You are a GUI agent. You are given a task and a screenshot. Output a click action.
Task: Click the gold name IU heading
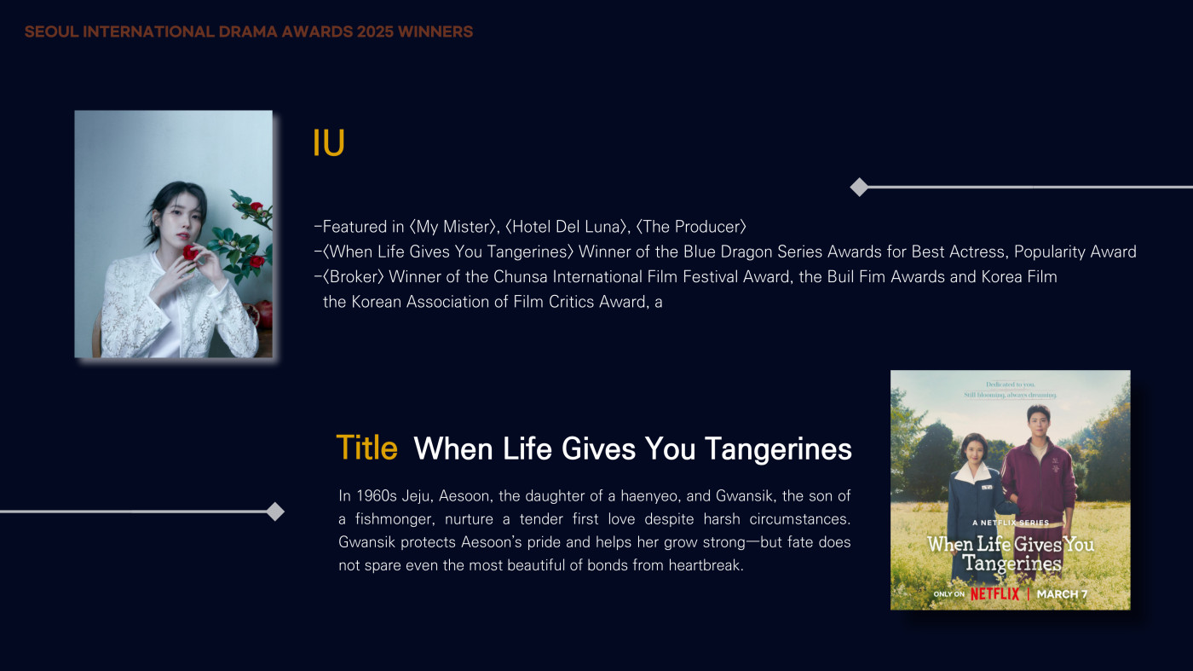pos(329,143)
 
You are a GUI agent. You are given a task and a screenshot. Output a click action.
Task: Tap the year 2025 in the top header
pos(375,32)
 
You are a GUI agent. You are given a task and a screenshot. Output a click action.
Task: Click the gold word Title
pos(367,448)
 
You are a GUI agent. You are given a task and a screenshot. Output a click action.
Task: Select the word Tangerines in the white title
pos(778,449)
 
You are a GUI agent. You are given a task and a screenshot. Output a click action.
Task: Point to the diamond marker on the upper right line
pos(859,187)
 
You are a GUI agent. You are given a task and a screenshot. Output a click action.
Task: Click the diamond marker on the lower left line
pos(274,512)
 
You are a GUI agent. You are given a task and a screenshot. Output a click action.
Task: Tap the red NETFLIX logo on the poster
pos(994,593)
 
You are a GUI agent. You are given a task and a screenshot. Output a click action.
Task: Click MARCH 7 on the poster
pos(1062,594)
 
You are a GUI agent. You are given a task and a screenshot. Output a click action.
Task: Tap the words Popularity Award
pos(1075,252)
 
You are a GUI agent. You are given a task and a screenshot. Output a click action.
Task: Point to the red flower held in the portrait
pos(190,252)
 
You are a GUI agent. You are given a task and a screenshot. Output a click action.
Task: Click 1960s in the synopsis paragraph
pos(377,496)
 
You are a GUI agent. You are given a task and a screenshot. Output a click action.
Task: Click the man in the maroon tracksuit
pos(1039,485)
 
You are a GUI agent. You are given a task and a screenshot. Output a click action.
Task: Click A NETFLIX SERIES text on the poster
pos(1011,523)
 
